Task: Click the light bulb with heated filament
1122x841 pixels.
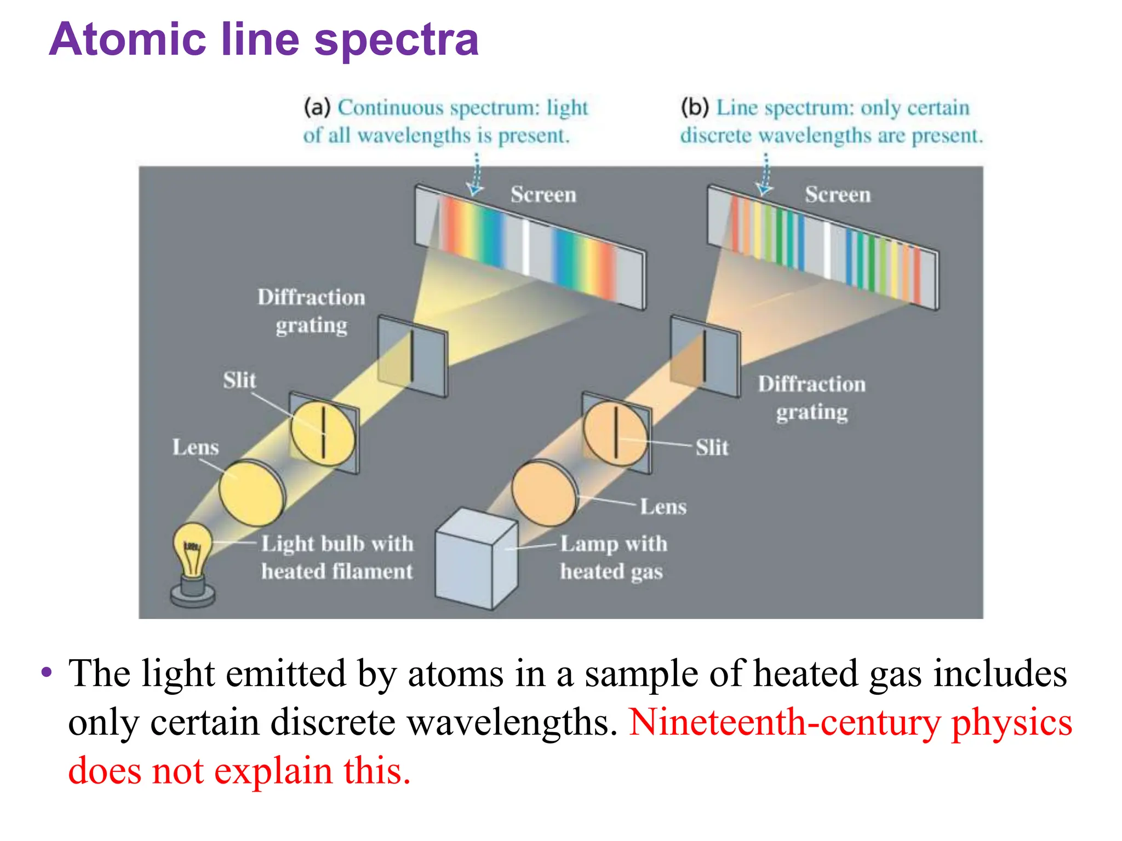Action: [192, 553]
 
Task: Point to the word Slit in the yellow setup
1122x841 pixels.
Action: [239, 380]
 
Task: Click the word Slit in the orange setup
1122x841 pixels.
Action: [712, 448]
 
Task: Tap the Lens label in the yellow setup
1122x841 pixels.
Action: [196, 447]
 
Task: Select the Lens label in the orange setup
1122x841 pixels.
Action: [663, 507]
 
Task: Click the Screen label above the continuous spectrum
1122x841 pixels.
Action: [543, 195]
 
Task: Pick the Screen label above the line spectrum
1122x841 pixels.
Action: [838, 195]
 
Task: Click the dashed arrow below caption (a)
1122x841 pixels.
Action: [476, 175]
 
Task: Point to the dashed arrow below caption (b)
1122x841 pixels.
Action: [765, 175]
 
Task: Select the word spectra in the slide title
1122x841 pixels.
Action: [397, 41]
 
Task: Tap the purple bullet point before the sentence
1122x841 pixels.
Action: [47, 672]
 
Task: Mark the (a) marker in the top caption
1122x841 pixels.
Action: [317, 107]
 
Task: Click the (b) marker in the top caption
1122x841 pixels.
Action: [694, 107]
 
